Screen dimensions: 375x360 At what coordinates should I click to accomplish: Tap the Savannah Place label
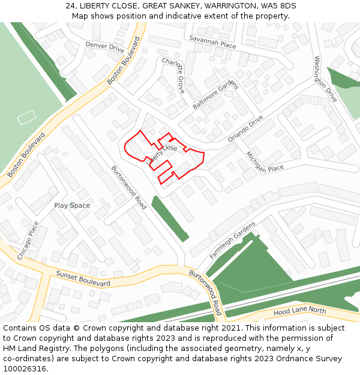(212, 41)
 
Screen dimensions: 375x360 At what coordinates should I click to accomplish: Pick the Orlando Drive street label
(245, 129)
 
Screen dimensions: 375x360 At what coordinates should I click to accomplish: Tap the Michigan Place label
(265, 161)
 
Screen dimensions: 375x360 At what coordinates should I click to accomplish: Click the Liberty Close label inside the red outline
(163, 153)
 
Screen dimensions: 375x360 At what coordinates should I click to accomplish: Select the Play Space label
(72, 206)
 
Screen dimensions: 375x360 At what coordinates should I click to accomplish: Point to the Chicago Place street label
(28, 241)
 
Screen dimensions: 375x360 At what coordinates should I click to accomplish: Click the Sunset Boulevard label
(83, 278)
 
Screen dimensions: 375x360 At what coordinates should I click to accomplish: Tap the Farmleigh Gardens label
(232, 240)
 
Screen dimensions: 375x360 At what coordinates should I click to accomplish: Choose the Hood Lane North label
(300, 311)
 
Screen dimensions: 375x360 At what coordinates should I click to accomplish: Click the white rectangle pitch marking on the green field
(26, 117)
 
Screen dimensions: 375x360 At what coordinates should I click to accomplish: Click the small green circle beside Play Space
(71, 205)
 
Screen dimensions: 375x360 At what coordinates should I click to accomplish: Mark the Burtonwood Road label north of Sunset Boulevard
(129, 187)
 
